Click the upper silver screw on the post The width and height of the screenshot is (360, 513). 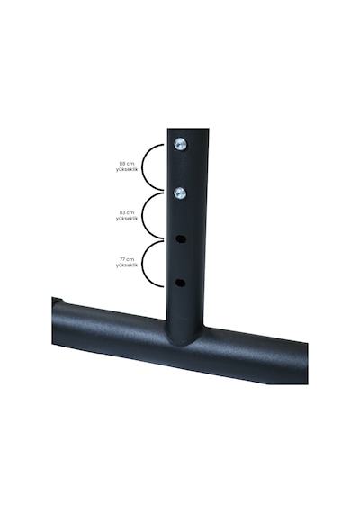click(x=180, y=144)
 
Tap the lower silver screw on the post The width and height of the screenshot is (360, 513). click(x=180, y=193)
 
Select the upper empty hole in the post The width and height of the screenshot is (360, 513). click(x=181, y=239)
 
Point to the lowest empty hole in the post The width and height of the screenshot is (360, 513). click(x=180, y=283)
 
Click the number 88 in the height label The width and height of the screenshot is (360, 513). click(x=122, y=163)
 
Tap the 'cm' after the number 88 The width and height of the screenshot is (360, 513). click(x=130, y=163)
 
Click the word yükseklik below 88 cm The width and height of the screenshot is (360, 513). click(x=127, y=169)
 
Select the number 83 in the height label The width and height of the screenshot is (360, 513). click(x=122, y=212)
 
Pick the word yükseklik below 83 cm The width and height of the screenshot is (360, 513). click(x=127, y=219)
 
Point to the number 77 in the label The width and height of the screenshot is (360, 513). click(x=122, y=259)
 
